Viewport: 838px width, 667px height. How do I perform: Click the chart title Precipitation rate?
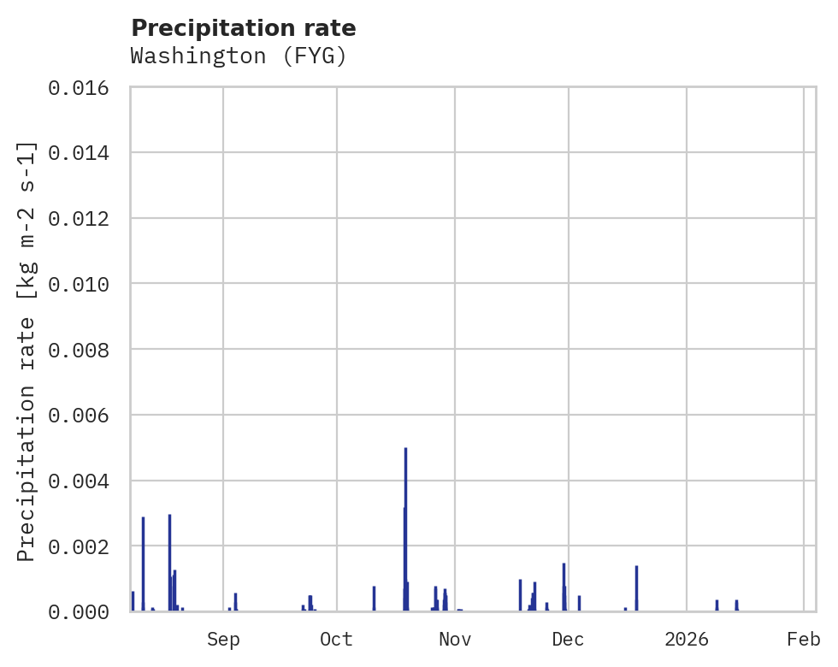[x=244, y=28]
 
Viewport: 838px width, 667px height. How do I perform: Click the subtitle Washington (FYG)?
[x=239, y=56]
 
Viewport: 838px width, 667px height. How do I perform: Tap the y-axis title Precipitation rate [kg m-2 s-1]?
[x=27, y=351]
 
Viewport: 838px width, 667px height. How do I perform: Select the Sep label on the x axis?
[x=223, y=639]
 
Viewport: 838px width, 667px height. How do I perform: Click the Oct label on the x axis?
[x=337, y=639]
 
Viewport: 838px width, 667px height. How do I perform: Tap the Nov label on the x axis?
[x=454, y=639]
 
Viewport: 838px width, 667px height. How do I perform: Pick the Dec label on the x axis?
[x=568, y=639]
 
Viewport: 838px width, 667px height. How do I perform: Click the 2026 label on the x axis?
[x=687, y=639]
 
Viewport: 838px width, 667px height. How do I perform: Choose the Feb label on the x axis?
[x=804, y=639]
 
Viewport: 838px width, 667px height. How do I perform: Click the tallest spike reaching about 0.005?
[x=405, y=530]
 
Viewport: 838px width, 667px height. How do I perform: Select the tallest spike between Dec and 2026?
[x=637, y=588]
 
